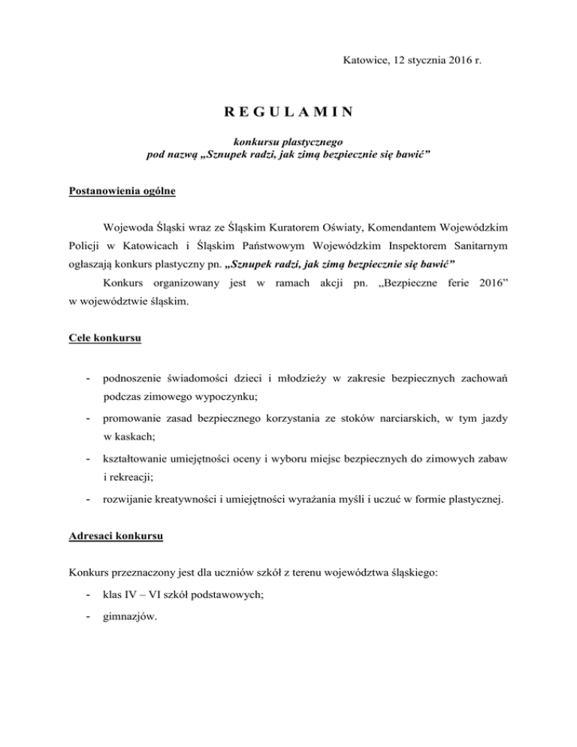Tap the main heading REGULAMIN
coord(288,113)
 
